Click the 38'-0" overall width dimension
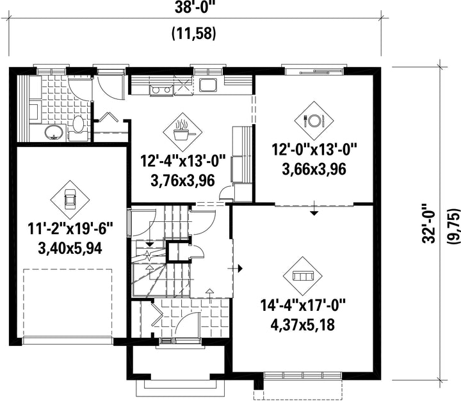(x=195, y=8)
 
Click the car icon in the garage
(x=70, y=199)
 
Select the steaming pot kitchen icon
(x=183, y=131)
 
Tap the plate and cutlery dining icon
(x=314, y=120)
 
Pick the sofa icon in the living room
(x=302, y=276)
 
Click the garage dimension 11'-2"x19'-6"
(x=70, y=229)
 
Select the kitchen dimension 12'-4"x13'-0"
(x=182, y=161)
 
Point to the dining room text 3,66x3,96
(x=314, y=169)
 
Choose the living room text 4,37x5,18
(x=302, y=325)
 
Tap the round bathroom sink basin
(x=54, y=132)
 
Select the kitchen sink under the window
(x=208, y=84)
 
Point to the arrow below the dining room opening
(x=314, y=208)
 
